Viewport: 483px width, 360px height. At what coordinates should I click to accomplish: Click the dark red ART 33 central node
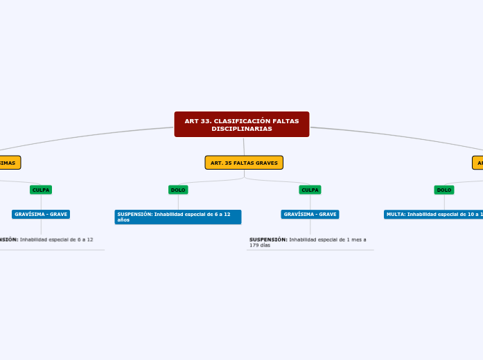tap(241, 125)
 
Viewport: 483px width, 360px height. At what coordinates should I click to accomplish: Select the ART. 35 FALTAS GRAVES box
tap(244, 163)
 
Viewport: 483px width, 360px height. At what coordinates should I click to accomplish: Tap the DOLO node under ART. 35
tap(178, 190)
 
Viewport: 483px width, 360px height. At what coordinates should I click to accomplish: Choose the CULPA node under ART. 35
tap(310, 190)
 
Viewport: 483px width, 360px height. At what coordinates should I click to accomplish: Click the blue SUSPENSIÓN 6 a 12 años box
tap(178, 217)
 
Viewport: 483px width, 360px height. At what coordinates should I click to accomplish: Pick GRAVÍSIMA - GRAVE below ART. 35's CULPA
tap(310, 215)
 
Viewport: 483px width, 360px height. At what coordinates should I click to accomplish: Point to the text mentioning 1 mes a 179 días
tap(308, 242)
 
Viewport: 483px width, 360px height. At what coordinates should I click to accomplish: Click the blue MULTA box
tap(433, 215)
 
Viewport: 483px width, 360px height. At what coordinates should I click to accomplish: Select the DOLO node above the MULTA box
tap(444, 190)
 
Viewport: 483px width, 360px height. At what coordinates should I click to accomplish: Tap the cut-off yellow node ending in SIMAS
tap(9, 163)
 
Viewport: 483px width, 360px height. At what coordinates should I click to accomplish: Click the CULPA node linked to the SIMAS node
tap(41, 190)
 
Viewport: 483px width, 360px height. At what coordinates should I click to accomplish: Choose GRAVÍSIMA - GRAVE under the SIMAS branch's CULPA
tap(41, 215)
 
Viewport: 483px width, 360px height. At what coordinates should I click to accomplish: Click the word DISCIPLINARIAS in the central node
tap(241, 129)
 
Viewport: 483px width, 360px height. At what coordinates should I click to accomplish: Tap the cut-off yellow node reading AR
tap(478, 163)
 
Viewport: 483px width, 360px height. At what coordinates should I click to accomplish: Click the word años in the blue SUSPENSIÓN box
tap(123, 219)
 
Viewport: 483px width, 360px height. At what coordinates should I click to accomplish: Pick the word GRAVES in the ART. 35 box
tap(267, 163)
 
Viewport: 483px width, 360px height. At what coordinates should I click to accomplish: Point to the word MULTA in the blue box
tap(396, 215)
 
